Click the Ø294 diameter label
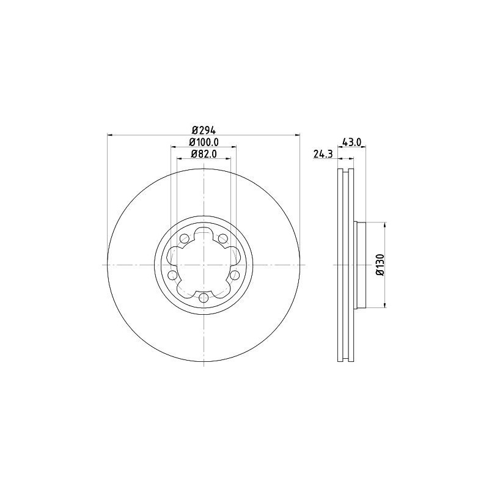tap(204, 130)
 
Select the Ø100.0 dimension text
tap(204, 142)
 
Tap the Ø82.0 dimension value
tap(204, 154)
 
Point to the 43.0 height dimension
tap(352, 142)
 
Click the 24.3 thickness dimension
tap(322, 155)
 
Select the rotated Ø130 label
tap(380, 265)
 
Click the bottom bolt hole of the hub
tap(204, 298)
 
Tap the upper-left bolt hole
tap(184, 238)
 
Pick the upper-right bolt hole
tap(223, 238)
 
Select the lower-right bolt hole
tap(235, 275)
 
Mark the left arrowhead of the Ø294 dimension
tap(109, 135)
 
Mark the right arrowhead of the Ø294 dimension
tap(298, 135)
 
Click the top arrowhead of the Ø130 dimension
tap(384, 225)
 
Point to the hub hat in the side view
tap(359, 265)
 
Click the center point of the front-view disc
tap(204, 265)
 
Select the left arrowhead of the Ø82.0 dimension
tap(179, 159)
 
